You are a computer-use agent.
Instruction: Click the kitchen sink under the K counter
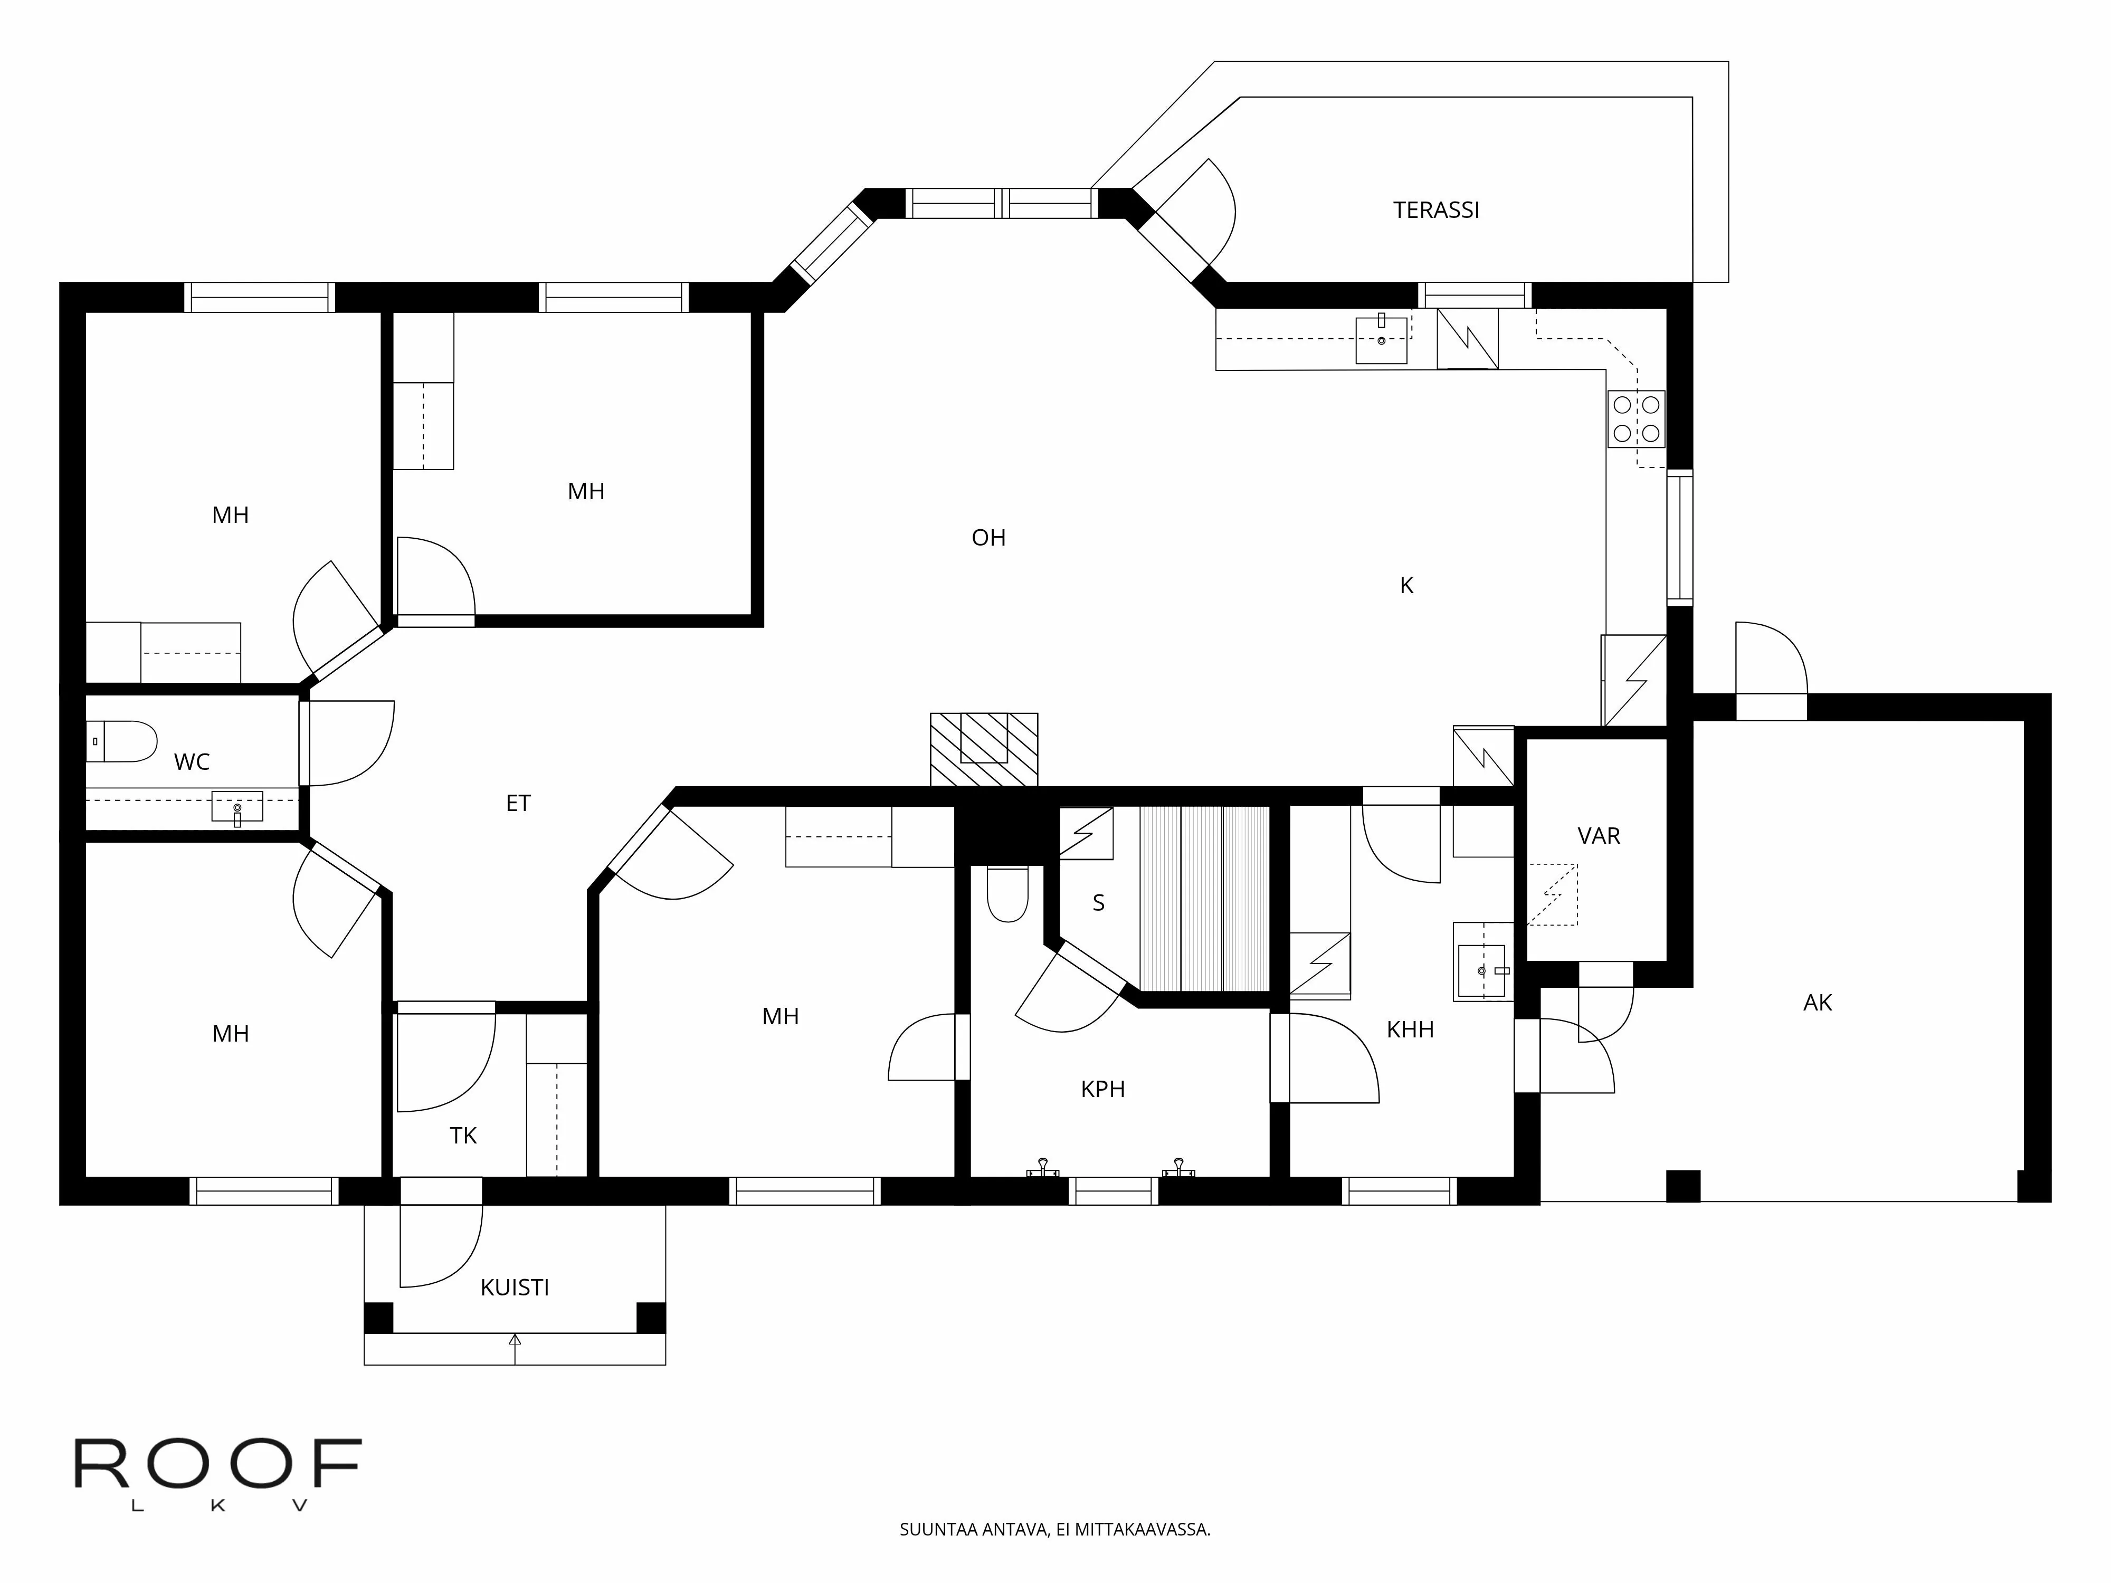(x=1381, y=340)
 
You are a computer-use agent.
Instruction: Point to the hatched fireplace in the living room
(x=984, y=749)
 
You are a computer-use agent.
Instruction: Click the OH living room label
(x=988, y=538)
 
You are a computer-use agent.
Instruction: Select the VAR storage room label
(x=1599, y=836)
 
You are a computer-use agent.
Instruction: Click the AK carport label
(x=1817, y=1003)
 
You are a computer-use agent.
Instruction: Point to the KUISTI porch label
(x=515, y=1287)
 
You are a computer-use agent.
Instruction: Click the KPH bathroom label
(x=1102, y=1089)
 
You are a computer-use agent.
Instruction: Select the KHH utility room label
(x=1410, y=1029)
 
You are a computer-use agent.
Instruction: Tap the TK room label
(x=463, y=1136)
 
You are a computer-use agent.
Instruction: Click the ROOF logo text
(x=217, y=1465)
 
